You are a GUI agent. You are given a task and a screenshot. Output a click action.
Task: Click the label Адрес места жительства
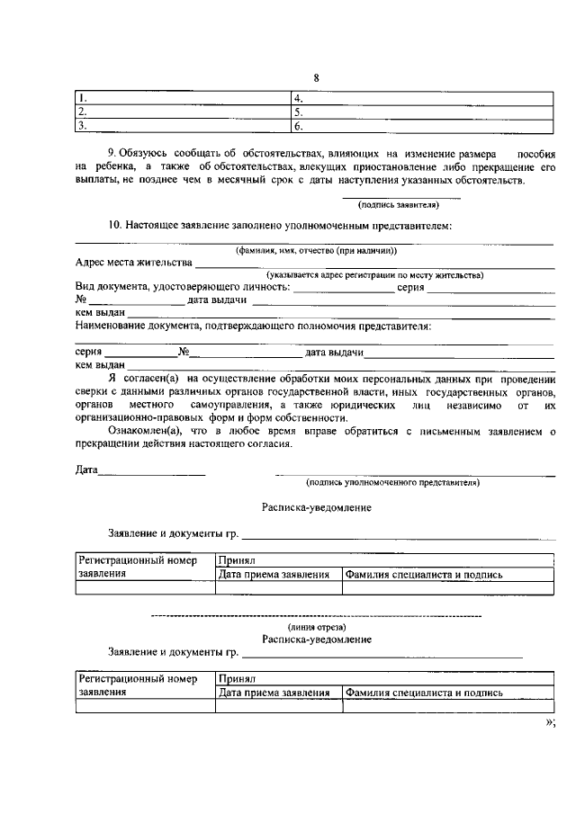coord(134,263)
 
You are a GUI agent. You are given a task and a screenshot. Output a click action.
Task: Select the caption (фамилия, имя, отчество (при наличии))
coord(316,250)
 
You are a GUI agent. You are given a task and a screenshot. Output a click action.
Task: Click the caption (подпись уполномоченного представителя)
coord(392,482)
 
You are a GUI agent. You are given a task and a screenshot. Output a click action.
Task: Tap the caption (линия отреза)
coord(317,626)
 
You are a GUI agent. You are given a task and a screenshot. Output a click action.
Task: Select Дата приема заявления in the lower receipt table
coord(278,693)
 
